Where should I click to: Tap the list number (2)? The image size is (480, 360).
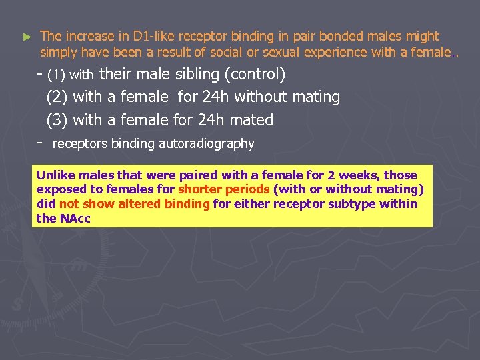[x=57, y=97]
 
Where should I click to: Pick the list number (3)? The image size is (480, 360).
[x=57, y=121]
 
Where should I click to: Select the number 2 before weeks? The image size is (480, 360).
[x=331, y=175]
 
